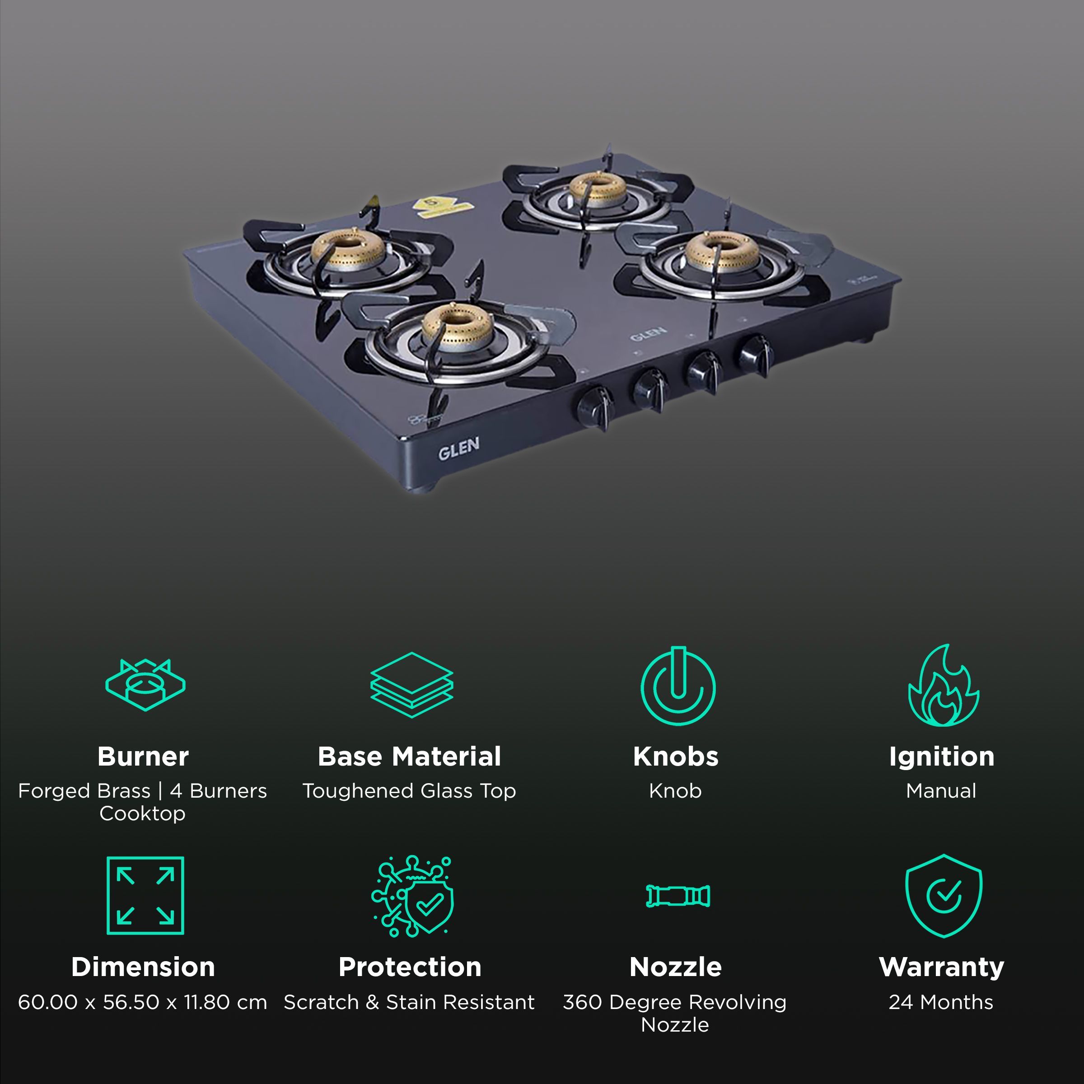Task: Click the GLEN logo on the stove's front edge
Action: [458, 449]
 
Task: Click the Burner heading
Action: [143, 757]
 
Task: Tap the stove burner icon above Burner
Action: [145, 685]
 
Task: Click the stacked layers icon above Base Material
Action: [411, 685]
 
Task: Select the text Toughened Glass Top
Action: [409, 791]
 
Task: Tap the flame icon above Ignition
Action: [943, 686]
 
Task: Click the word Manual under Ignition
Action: [941, 791]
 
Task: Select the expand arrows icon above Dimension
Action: [145, 896]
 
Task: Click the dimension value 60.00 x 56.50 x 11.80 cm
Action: [143, 1003]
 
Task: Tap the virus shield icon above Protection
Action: [412, 897]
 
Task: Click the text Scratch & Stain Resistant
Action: [409, 1003]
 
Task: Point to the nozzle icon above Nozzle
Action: [678, 896]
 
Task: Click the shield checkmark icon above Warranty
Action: [944, 896]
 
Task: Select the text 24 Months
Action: [941, 1003]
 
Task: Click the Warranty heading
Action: [941, 967]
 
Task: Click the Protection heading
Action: [410, 967]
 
